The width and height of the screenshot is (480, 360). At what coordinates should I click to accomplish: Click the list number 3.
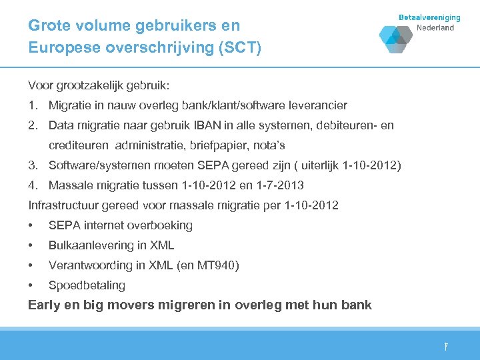pyautogui.click(x=32, y=165)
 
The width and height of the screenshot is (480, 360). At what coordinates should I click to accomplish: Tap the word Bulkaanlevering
pyautogui.click(x=89, y=245)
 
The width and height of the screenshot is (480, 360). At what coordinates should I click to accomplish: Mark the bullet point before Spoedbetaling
pyautogui.click(x=31, y=285)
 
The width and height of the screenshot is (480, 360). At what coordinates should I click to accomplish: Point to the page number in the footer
pyautogui.click(x=446, y=347)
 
